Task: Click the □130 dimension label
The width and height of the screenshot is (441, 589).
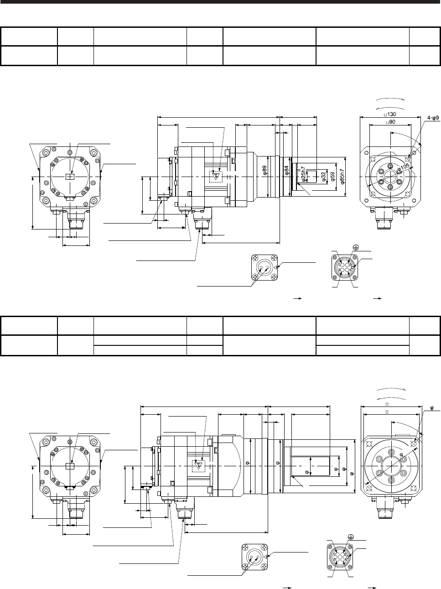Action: click(x=390, y=114)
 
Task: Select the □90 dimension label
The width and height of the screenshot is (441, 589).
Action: click(x=390, y=122)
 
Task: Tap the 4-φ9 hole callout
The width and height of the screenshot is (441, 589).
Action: click(x=433, y=118)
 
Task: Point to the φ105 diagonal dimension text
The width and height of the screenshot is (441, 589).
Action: click(x=403, y=167)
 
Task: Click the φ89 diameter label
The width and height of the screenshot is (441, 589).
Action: click(x=265, y=170)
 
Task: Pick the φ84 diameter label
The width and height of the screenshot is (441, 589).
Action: click(x=286, y=170)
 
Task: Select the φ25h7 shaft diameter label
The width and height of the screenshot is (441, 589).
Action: click(x=303, y=174)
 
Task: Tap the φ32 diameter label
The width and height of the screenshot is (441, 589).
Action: click(x=323, y=176)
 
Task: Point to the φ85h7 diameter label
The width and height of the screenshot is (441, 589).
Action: click(x=342, y=177)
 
